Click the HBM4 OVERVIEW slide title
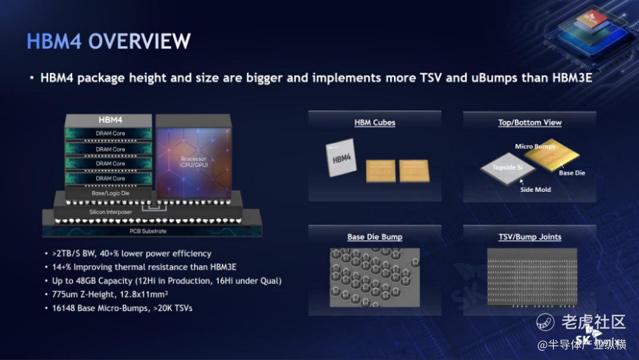(108, 41)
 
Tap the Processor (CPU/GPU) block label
(193, 162)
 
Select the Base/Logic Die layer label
(111, 193)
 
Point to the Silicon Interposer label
(111, 212)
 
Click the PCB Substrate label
(148, 231)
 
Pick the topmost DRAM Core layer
(109, 133)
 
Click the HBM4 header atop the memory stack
(110, 120)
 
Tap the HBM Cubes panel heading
(375, 123)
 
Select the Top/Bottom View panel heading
(530, 123)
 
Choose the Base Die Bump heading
(375, 237)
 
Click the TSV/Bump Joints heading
(530, 237)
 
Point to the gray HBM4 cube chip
(341, 157)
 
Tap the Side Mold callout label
(535, 189)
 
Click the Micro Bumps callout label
(535, 146)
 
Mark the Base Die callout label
(572, 173)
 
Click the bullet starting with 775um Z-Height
(109, 294)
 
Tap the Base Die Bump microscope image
(375, 278)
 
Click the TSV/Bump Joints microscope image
(532, 277)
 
